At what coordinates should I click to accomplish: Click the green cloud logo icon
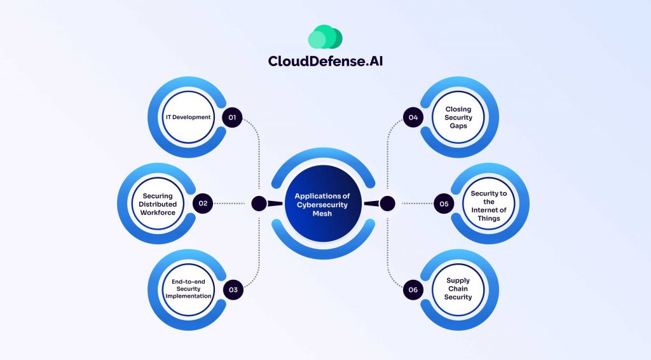(x=325, y=38)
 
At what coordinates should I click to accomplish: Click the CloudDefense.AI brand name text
(x=325, y=61)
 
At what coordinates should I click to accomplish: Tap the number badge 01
(x=233, y=118)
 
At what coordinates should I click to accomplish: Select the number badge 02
(x=203, y=204)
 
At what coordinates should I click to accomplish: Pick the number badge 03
(x=233, y=289)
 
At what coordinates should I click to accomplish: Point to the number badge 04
(x=413, y=118)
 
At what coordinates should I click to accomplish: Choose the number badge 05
(x=444, y=204)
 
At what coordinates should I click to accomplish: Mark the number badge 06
(x=413, y=290)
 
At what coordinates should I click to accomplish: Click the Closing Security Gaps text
(x=458, y=118)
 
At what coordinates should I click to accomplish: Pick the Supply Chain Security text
(x=458, y=289)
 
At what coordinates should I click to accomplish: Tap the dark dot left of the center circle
(x=259, y=204)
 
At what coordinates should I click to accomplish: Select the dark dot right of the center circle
(x=387, y=204)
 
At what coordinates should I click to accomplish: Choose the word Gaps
(x=458, y=126)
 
